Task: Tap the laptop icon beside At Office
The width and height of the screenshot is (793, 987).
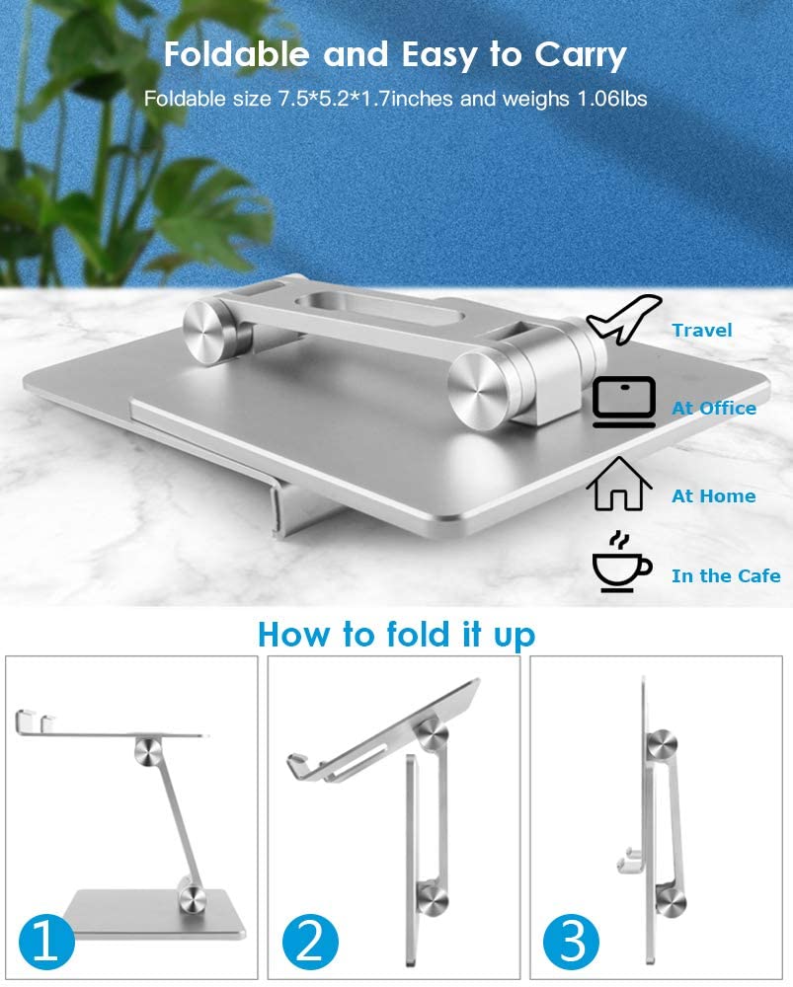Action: tap(623, 404)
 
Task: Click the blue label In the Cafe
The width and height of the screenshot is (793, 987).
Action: tap(726, 575)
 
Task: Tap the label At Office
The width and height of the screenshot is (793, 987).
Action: tap(714, 408)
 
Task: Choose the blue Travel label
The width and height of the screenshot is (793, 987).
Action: tap(702, 330)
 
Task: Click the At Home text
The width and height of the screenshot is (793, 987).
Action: tap(714, 495)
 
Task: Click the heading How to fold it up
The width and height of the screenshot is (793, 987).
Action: tap(396, 634)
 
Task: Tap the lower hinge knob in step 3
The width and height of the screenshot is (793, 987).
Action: tap(672, 896)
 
